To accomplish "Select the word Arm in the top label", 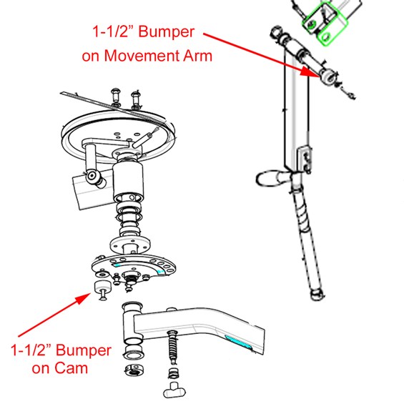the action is pyautogui.click(x=197, y=56).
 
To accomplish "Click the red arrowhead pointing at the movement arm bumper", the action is pyautogui.click(x=310, y=72).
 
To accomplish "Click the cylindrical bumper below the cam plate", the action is pyautogui.click(x=103, y=287).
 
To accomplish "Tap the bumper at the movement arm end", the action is pyautogui.click(x=328, y=76).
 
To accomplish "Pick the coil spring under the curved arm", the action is pyautogui.click(x=172, y=348).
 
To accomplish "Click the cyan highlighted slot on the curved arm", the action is pyautogui.click(x=238, y=342).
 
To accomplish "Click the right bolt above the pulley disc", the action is pyautogui.click(x=136, y=99).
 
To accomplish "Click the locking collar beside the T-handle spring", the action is pyautogui.click(x=134, y=370).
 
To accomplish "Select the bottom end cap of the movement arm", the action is pyautogui.click(x=317, y=295).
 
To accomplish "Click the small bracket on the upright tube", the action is pyautogui.click(x=305, y=159).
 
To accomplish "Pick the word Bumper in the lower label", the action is pyautogui.click(x=84, y=350).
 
